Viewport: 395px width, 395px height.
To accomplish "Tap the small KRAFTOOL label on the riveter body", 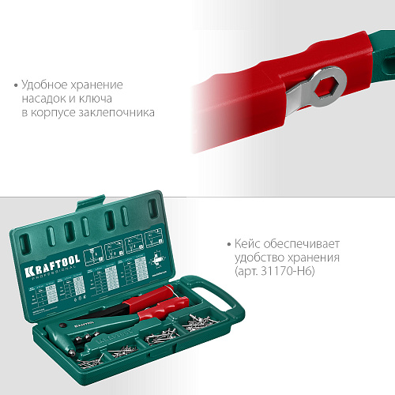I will (77, 323).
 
